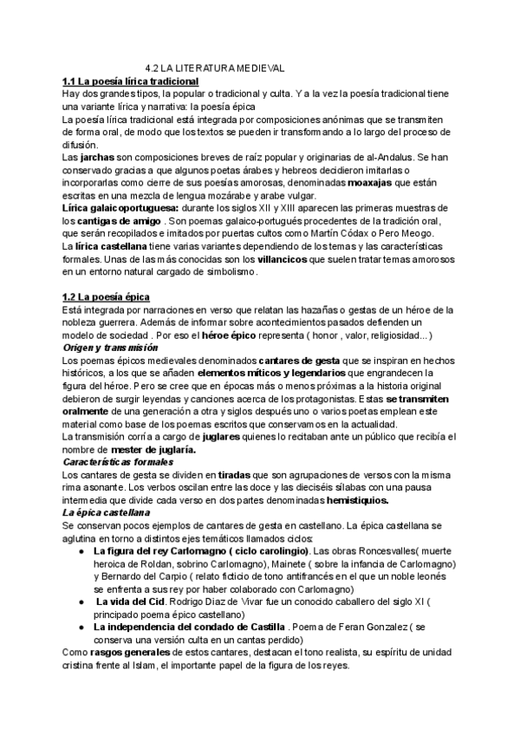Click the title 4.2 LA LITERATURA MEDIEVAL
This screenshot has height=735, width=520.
(215, 67)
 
